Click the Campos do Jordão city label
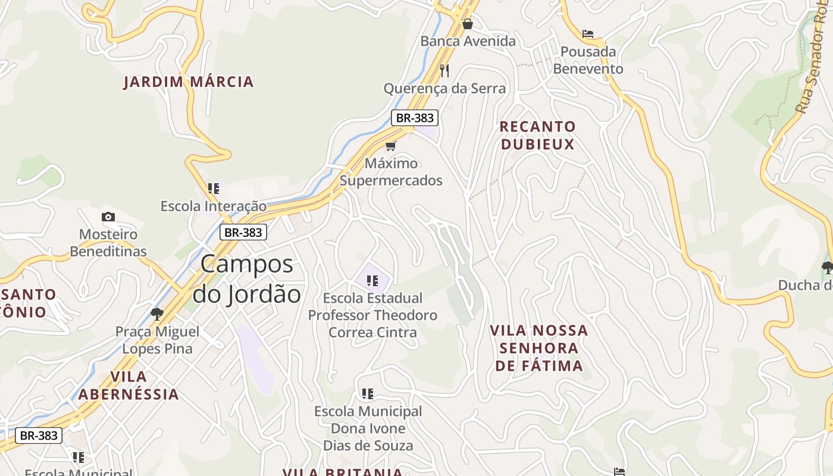tap(246, 278)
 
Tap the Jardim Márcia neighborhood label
tap(189, 82)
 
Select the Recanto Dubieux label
tap(538, 135)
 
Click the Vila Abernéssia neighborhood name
tap(129, 385)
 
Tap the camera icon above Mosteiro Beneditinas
tap(108, 217)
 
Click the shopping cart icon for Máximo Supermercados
tap(390, 146)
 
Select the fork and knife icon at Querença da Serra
tap(444, 71)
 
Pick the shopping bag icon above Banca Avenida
tap(468, 24)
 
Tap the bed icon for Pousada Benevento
tap(588, 34)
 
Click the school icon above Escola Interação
tap(214, 189)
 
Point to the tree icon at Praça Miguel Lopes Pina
tap(157, 313)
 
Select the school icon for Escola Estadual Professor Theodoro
tap(372, 280)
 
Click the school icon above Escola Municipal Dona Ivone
tap(368, 393)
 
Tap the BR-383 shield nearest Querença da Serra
tap(415, 118)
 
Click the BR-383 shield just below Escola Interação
tap(243, 232)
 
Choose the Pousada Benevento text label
tap(588, 60)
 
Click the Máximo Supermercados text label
tap(391, 172)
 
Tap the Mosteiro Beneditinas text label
tap(108, 243)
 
